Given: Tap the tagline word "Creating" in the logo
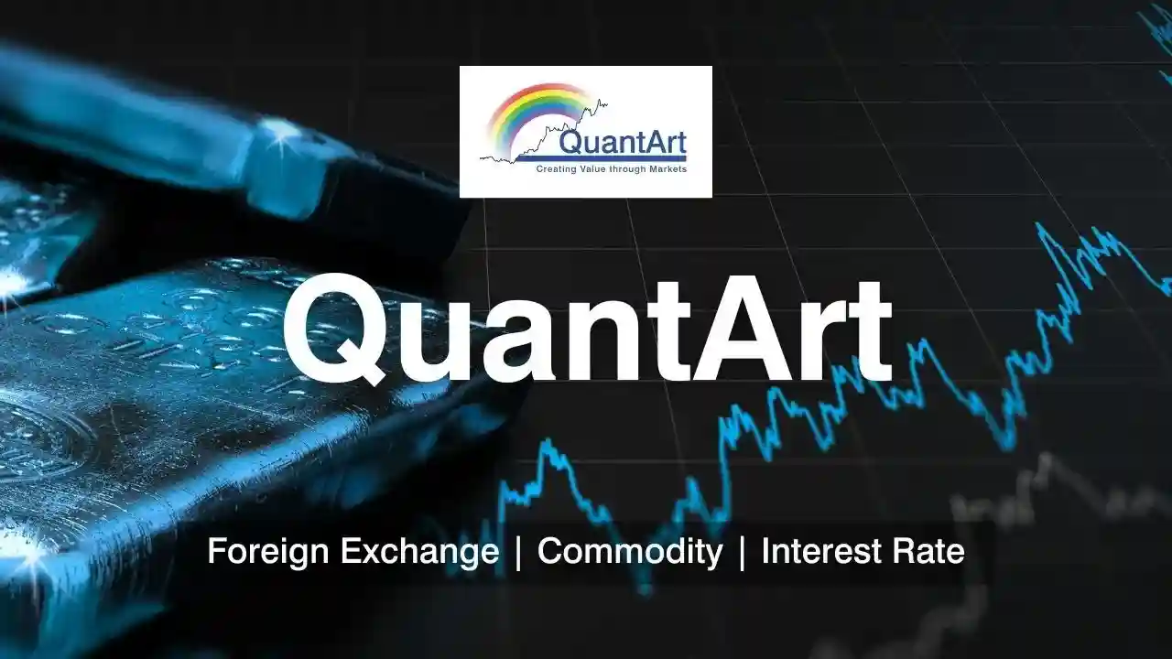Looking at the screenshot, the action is tap(556, 169).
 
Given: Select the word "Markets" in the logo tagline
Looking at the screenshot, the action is tap(667, 169).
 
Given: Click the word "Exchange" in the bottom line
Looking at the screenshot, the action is tap(419, 551).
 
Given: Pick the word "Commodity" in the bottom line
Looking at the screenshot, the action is tap(630, 552).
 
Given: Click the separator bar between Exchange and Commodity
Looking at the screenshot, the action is tap(518, 553).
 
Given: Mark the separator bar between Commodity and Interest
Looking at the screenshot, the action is tap(742, 553).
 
